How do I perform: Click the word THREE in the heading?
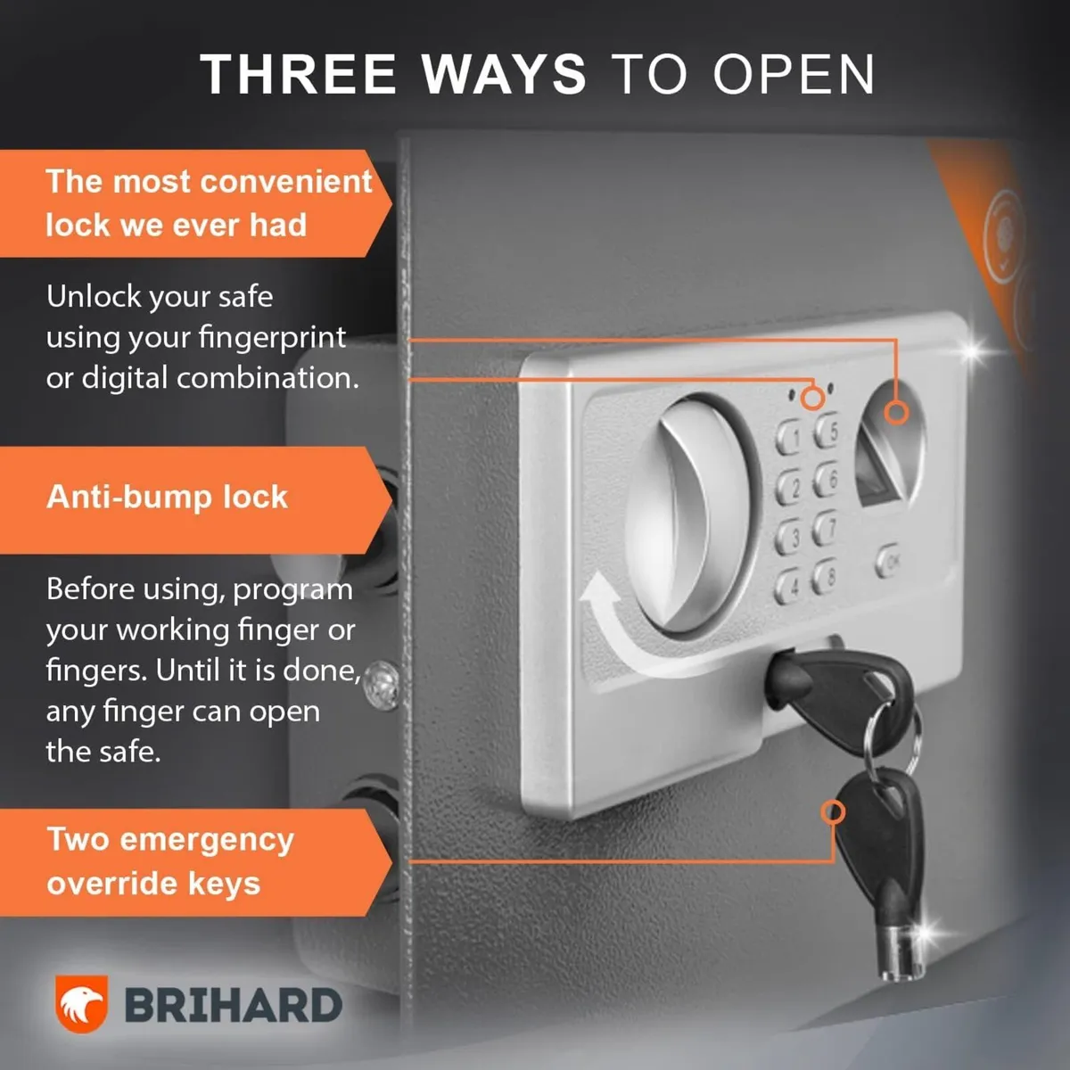(x=298, y=74)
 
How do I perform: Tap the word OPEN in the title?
(x=794, y=74)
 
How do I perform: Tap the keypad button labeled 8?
(x=826, y=578)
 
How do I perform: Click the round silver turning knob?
(x=691, y=514)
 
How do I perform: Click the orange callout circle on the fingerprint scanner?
(x=895, y=413)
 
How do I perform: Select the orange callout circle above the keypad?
(x=811, y=398)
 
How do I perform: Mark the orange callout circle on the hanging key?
(x=833, y=812)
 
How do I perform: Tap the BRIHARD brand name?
(x=233, y=1006)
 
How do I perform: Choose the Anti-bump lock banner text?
(x=167, y=497)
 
